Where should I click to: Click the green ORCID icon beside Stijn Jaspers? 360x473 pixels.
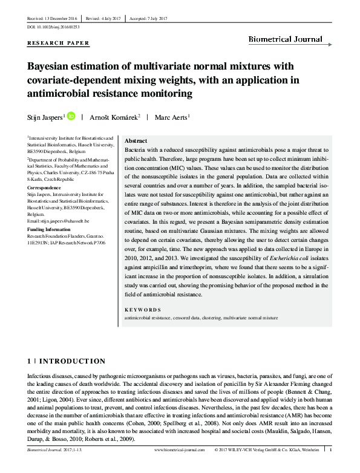tap(71, 116)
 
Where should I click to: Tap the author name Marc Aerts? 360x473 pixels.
tap(172, 117)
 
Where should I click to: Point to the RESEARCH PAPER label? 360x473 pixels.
tap(59, 43)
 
